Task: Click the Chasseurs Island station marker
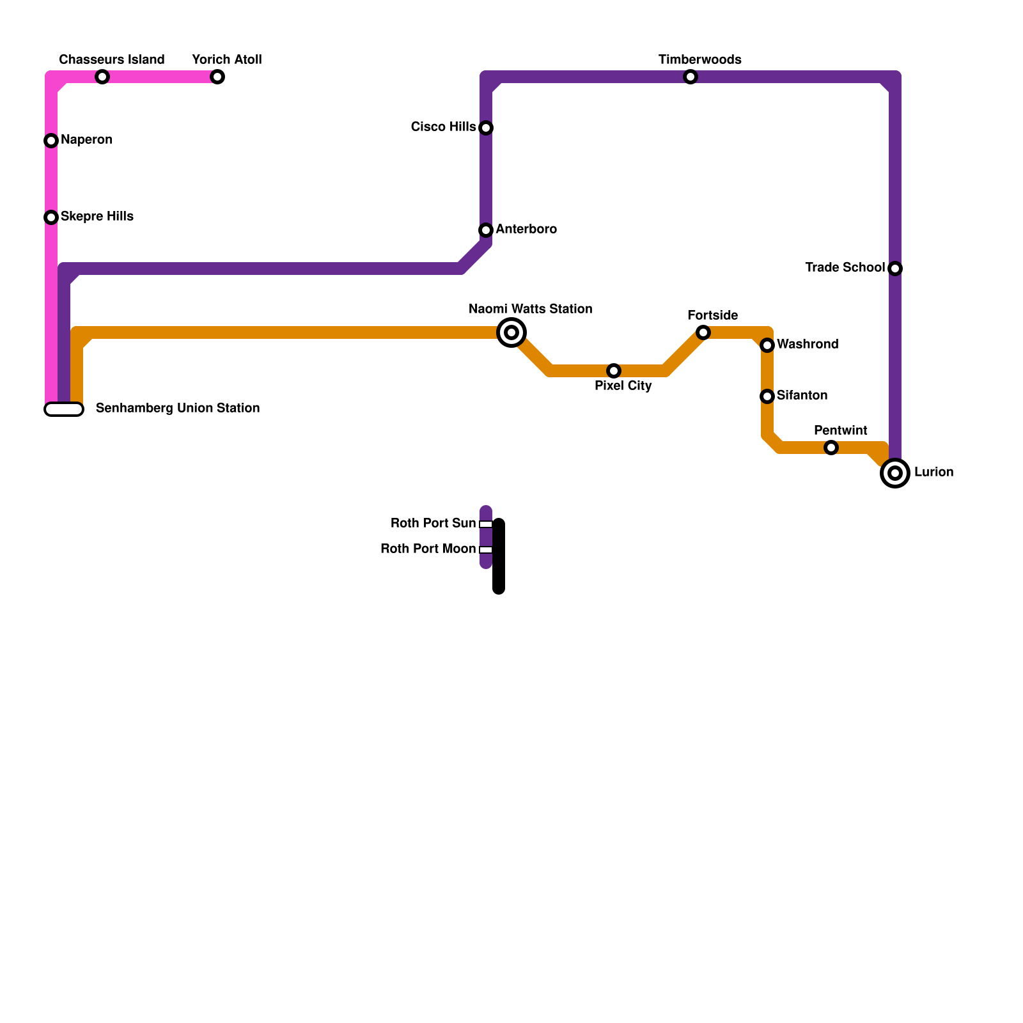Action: pos(102,77)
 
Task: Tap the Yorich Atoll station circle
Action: pos(217,77)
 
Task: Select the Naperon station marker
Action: pos(51,141)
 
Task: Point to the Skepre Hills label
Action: pos(97,216)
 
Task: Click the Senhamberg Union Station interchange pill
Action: pos(64,409)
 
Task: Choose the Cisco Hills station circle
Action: pos(486,128)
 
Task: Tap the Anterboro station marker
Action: pos(486,230)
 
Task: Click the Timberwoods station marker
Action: pos(691,77)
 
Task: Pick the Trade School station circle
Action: pos(895,269)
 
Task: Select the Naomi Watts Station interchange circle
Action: pos(511,332)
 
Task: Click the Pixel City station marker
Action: pos(614,371)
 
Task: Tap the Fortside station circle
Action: pos(703,332)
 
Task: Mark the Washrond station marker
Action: pos(767,345)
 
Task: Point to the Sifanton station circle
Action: pos(767,396)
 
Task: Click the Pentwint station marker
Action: pos(831,448)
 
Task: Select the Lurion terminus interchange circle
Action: pos(895,473)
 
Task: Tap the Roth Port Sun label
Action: pos(433,523)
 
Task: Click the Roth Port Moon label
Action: pos(428,549)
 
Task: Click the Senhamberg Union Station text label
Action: pos(178,408)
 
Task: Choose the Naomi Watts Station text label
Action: pos(530,309)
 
